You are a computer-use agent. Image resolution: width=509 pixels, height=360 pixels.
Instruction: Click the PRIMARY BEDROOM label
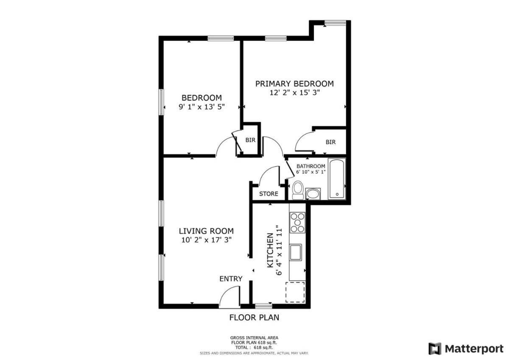point(294,84)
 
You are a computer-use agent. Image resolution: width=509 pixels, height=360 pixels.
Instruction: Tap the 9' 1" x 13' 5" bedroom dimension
point(201,107)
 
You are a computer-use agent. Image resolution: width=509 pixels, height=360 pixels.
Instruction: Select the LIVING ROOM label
point(206,231)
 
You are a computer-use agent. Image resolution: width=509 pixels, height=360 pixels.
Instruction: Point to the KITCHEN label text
point(270,250)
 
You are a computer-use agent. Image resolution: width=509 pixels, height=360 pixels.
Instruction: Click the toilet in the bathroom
point(298,190)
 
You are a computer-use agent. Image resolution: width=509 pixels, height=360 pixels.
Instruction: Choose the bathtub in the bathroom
point(337,179)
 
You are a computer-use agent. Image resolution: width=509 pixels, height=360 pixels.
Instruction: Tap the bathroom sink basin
point(313,194)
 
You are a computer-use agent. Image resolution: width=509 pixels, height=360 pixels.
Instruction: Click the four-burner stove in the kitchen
point(297,223)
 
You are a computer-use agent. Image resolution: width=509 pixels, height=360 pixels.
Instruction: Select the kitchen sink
point(295,252)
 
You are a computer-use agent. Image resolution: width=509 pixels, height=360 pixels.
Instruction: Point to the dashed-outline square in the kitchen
point(295,292)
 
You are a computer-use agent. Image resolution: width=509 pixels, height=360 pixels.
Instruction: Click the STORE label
point(268,194)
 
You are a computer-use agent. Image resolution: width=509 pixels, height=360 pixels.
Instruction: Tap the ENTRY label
point(231,279)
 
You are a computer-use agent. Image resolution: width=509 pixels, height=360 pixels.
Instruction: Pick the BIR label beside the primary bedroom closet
point(330,142)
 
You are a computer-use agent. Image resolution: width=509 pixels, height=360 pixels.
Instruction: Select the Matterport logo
point(466,349)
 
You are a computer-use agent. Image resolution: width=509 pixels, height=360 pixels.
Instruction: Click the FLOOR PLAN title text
point(254,318)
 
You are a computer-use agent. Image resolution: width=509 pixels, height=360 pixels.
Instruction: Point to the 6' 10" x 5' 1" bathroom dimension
point(310,172)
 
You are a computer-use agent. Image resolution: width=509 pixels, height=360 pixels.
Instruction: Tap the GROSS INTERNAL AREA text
point(254,338)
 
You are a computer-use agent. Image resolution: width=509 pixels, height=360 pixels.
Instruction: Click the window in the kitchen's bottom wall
point(263,306)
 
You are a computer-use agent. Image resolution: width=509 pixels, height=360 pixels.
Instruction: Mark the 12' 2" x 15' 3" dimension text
point(295,93)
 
